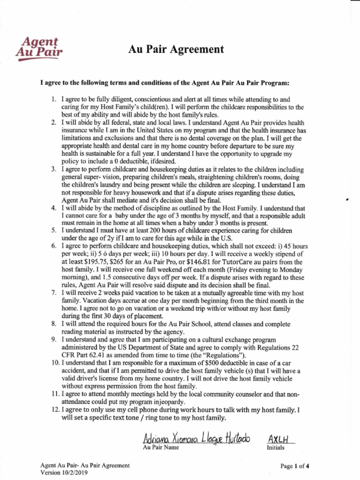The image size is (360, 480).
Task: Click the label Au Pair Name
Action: coord(161,447)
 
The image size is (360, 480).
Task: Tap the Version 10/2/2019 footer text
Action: coord(66,472)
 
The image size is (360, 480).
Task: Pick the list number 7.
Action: coord(54,292)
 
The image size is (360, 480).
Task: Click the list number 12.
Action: coord(53,409)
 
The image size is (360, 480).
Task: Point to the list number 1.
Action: coord(54,99)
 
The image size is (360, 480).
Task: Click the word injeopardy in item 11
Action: coord(165,402)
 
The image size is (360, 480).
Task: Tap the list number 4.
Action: coord(54,208)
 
